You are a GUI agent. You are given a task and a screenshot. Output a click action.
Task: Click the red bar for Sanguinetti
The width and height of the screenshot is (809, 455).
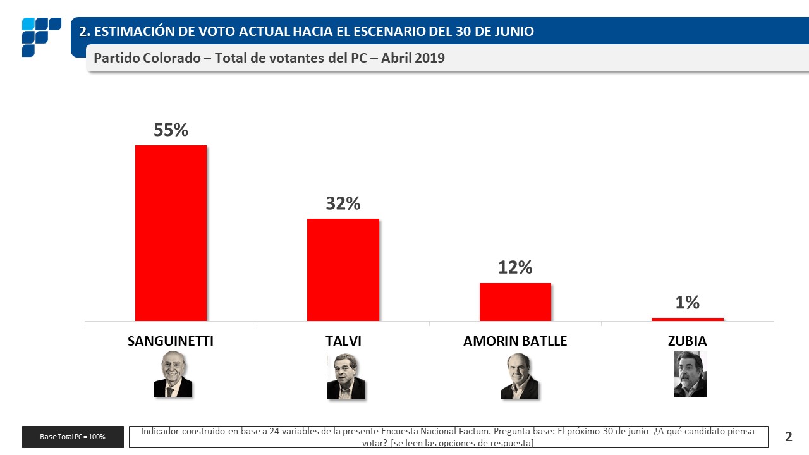pos(171,233)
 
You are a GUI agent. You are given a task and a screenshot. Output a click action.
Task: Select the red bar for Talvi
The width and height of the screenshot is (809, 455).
pos(343,270)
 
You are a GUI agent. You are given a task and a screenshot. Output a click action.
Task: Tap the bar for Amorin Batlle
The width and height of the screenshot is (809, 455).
pos(515,302)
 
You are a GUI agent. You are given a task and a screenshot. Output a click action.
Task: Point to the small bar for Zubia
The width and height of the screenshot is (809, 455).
pos(687,319)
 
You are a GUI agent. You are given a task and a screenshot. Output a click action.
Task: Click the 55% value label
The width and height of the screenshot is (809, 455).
pos(171,130)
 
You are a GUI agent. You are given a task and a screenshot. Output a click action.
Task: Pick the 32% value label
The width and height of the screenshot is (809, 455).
pos(343,203)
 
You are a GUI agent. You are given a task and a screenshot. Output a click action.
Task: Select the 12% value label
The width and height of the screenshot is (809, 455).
pos(515,267)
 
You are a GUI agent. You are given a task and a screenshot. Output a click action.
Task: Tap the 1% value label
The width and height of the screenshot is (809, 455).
pos(687,303)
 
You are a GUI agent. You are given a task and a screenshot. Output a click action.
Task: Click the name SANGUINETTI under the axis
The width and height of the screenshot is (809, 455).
pos(171,341)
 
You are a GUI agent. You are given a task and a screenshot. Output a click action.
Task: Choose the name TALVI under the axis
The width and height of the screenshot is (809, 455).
pos(343,341)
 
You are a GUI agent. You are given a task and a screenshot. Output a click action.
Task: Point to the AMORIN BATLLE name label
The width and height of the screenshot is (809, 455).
pos(515,341)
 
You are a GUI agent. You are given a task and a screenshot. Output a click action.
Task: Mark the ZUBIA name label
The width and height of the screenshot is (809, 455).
pos(687,341)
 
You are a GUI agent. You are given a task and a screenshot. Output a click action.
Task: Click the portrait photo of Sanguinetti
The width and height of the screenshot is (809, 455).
pos(172,374)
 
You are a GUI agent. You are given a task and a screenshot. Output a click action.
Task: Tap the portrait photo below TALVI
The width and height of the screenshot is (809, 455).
pos(345,376)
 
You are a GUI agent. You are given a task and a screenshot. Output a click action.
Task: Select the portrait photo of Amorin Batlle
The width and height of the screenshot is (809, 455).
pos(519,376)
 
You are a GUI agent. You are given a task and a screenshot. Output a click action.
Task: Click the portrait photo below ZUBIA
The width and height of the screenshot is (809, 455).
pos(690,373)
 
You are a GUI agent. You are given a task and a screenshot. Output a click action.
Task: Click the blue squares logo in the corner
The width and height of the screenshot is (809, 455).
pos(41,37)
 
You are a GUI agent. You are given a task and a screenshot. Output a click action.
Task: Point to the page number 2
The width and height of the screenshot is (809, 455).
pos(788,436)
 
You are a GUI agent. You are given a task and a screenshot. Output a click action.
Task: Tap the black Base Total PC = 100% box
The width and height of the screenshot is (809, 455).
pos(73,437)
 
